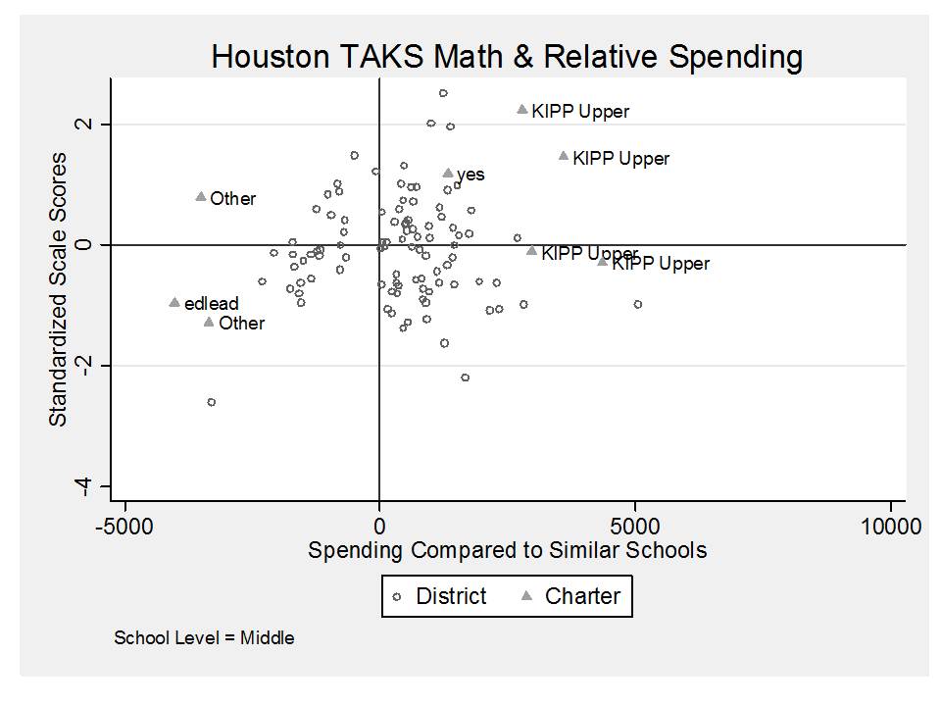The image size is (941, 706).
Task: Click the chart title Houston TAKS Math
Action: point(507,57)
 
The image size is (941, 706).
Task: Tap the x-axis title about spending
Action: point(507,549)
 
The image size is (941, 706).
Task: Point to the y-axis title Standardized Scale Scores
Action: point(59,288)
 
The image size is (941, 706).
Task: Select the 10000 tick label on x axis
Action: point(890,527)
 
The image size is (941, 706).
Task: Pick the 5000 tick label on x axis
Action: point(635,527)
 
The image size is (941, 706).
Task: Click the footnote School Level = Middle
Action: point(204,637)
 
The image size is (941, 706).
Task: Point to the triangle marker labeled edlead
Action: point(174,302)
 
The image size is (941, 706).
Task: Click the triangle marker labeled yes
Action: point(448,173)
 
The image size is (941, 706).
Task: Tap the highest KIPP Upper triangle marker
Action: point(522,110)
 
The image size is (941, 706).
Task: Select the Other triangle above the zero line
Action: point(201,196)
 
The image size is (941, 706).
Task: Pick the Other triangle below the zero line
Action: point(209,322)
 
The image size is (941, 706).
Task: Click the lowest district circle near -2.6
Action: point(211,402)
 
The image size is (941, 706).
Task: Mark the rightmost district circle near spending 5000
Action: point(638,304)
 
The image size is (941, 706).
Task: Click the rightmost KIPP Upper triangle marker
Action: point(603,261)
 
